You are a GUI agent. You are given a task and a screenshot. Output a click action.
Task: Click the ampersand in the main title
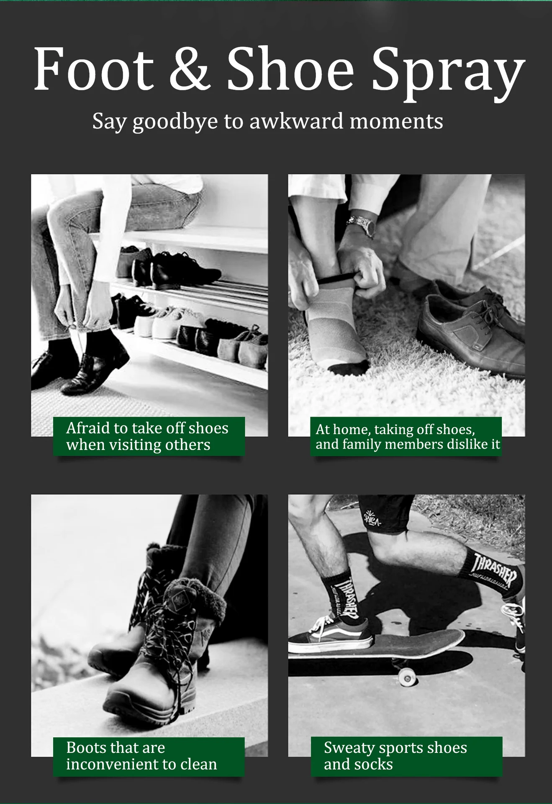pos(188,68)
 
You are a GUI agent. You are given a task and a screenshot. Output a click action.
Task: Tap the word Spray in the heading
pos(448,73)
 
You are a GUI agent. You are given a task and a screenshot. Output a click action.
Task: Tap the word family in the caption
pos(362,444)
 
